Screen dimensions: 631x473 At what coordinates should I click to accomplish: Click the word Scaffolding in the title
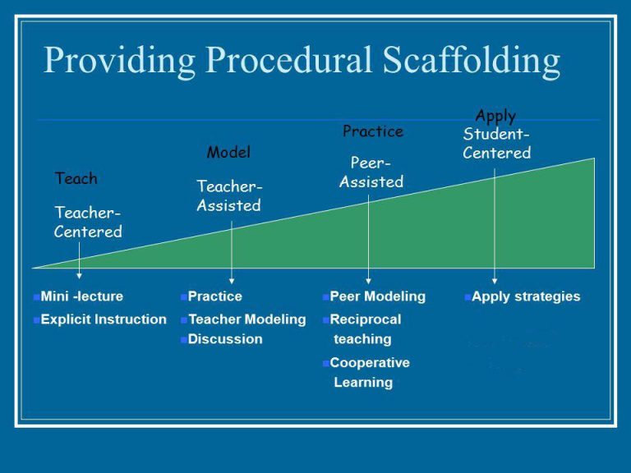tap(472, 61)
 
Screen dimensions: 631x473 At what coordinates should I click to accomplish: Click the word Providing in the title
tap(119, 61)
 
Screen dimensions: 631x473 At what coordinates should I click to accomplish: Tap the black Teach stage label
tap(76, 178)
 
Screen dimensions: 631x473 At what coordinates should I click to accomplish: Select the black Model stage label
tap(228, 152)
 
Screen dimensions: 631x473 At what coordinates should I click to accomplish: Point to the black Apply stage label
tap(495, 117)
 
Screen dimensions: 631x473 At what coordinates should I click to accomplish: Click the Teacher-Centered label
tap(88, 222)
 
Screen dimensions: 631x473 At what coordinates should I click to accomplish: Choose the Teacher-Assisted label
tap(229, 196)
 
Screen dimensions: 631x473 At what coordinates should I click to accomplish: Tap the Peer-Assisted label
tap(371, 172)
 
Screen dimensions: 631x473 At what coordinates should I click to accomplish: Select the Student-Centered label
tap(496, 143)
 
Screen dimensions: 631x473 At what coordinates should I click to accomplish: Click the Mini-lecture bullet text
tap(81, 296)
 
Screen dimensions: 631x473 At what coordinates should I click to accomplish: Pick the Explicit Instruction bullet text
tap(104, 319)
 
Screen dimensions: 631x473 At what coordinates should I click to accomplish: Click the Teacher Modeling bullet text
tap(247, 319)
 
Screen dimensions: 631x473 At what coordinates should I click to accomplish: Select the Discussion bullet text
tap(225, 339)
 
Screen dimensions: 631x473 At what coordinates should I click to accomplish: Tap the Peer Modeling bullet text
tap(377, 296)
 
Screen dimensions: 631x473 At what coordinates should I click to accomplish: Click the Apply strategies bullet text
tap(526, 296)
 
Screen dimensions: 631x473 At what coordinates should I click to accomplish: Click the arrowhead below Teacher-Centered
tap(79, 276)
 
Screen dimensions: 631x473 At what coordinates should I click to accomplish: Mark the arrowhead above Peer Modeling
tap(368, 281)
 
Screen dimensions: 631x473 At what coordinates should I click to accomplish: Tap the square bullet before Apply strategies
tap(467, 297)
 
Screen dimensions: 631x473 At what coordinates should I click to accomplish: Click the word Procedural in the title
tap(288, 61)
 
